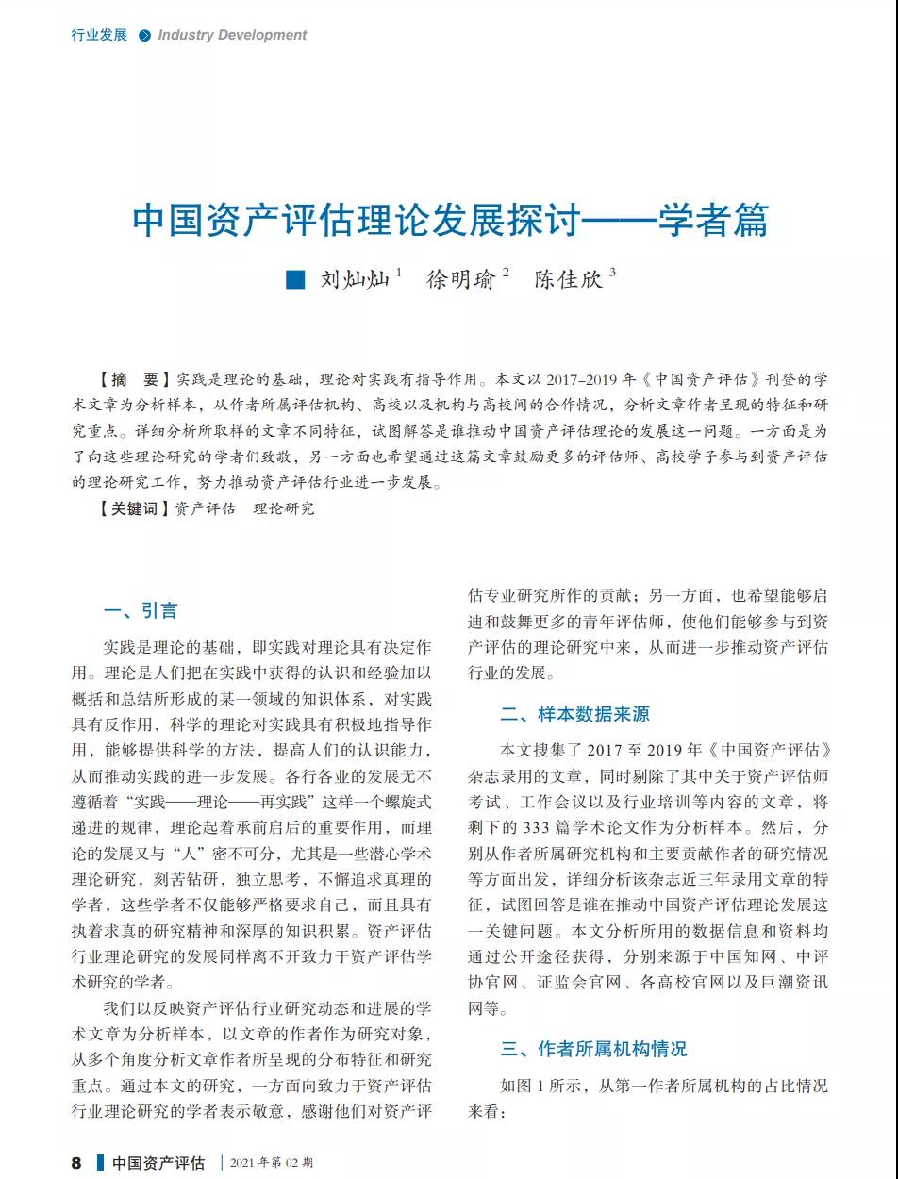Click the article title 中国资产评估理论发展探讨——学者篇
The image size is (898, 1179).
[x=450, y=220]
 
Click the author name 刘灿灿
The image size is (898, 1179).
[x=354, y=279]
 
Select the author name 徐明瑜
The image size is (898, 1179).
[x=460, y=279]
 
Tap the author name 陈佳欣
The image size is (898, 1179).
[x=568, y=279]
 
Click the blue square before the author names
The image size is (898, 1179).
[x=296, y=279]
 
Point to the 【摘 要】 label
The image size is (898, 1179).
[x=134, y=380]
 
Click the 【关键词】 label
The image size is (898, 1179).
[x=134, y=508]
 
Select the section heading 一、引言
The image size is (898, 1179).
[x=141, y=610]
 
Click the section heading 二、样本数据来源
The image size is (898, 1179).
[x=574, y=714]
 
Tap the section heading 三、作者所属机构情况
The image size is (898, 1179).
[x=593, y=1049]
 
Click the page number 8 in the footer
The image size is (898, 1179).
[x=76, y=1162]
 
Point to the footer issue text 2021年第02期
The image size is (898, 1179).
[x=272, y=1163]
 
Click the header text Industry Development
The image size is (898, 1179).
[x=232, y=35]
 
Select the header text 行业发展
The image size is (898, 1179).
[x=99, y=35]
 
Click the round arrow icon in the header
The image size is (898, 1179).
[x=144, y=36]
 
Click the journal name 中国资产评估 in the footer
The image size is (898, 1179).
[x=158, y=1163]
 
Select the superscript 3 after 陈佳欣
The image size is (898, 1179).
[x=612, y=273]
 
